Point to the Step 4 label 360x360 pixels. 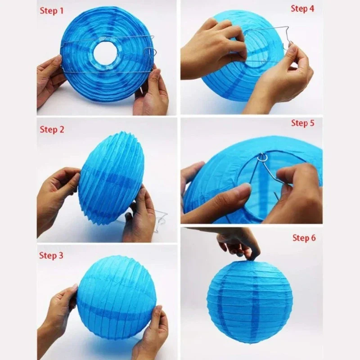(302, 8)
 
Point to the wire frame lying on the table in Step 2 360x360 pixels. (153, 224)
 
